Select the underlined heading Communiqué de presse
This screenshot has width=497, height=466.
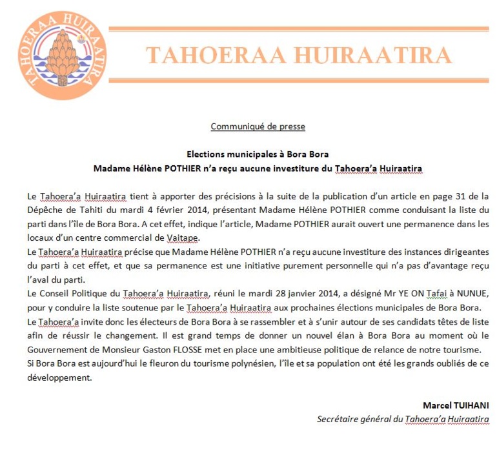click(258, 126)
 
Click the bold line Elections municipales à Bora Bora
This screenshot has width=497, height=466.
click(258, 154)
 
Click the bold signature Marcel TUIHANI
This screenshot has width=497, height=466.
click(455, 405)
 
